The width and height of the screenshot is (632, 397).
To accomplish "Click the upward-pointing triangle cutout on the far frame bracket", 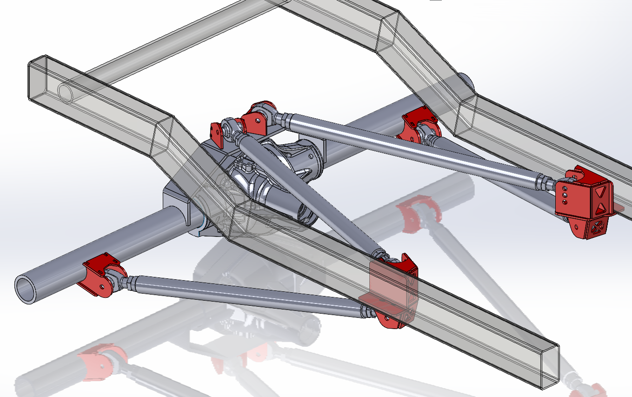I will pos(601,207).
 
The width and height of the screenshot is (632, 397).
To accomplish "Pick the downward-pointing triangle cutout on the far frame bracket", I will pos(601,190).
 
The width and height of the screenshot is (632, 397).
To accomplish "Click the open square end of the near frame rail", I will pos(549,368).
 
